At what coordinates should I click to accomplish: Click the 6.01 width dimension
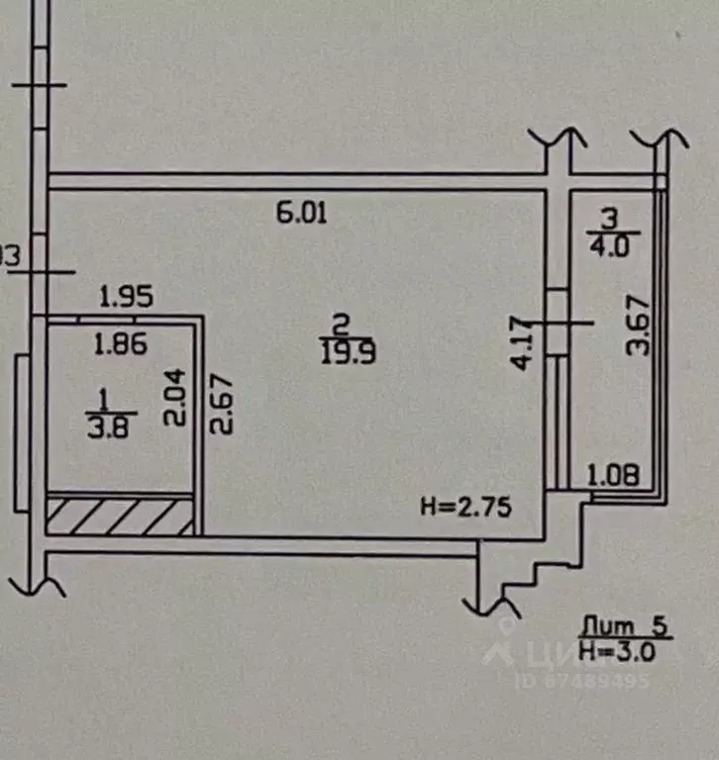pos(301,213)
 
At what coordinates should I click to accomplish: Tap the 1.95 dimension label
pos(128,296)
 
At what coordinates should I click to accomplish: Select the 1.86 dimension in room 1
pos(120,344)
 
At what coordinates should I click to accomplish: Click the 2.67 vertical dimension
pos(225,404)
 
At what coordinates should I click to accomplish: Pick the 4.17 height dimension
pos(519,342)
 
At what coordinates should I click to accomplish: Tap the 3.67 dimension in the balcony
pos(642,326)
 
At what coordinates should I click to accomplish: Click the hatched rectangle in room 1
pos(119,516)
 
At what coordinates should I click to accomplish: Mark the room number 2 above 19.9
pos(342,325)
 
